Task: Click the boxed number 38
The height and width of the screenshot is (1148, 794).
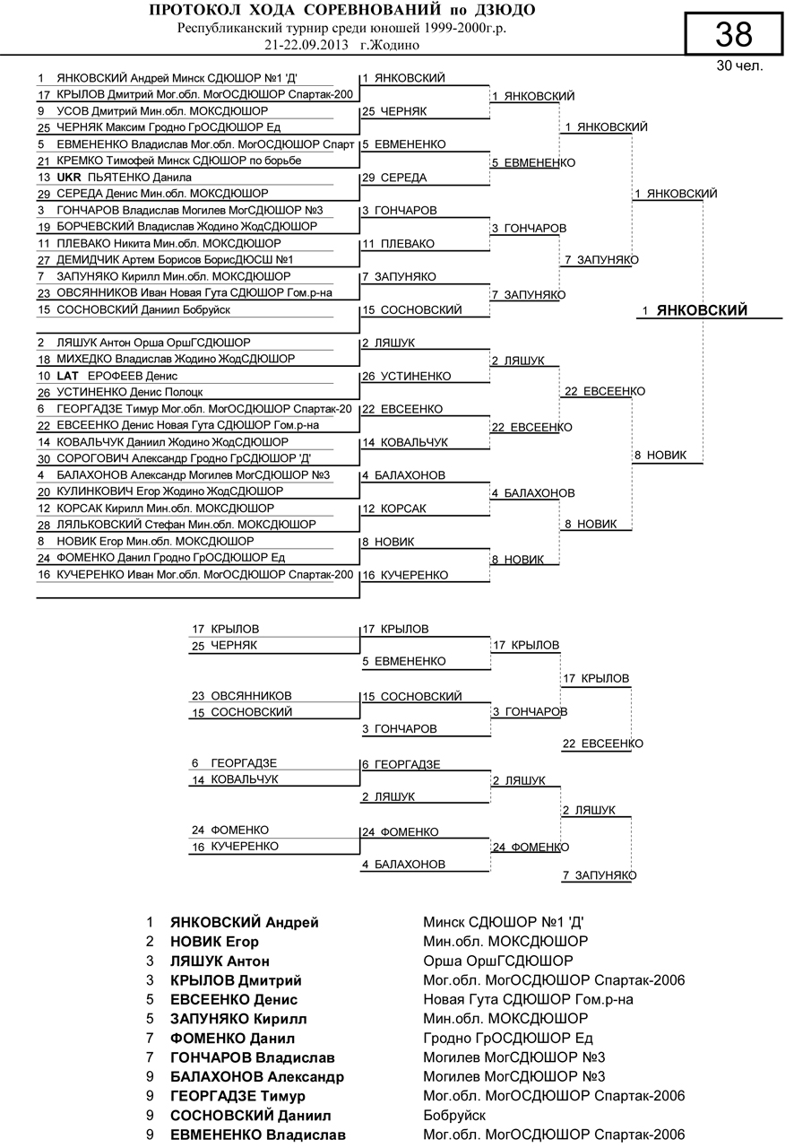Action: point(733,35)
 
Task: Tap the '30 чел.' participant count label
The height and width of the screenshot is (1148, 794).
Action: point(739,66)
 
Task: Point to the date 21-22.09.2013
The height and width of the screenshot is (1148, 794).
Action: point(306,44)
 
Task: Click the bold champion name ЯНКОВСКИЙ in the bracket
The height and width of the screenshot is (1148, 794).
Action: point(702,310)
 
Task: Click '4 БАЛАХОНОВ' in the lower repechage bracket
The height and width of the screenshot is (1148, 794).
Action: point(403,865)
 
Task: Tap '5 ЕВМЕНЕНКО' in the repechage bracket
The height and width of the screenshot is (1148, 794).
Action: point(403,662)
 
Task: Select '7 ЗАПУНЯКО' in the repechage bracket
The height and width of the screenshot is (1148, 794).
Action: point(599,875)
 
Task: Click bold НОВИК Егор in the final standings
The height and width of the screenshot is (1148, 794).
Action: point(214,942)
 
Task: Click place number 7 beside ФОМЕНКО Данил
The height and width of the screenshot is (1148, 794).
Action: point(151,1039)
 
